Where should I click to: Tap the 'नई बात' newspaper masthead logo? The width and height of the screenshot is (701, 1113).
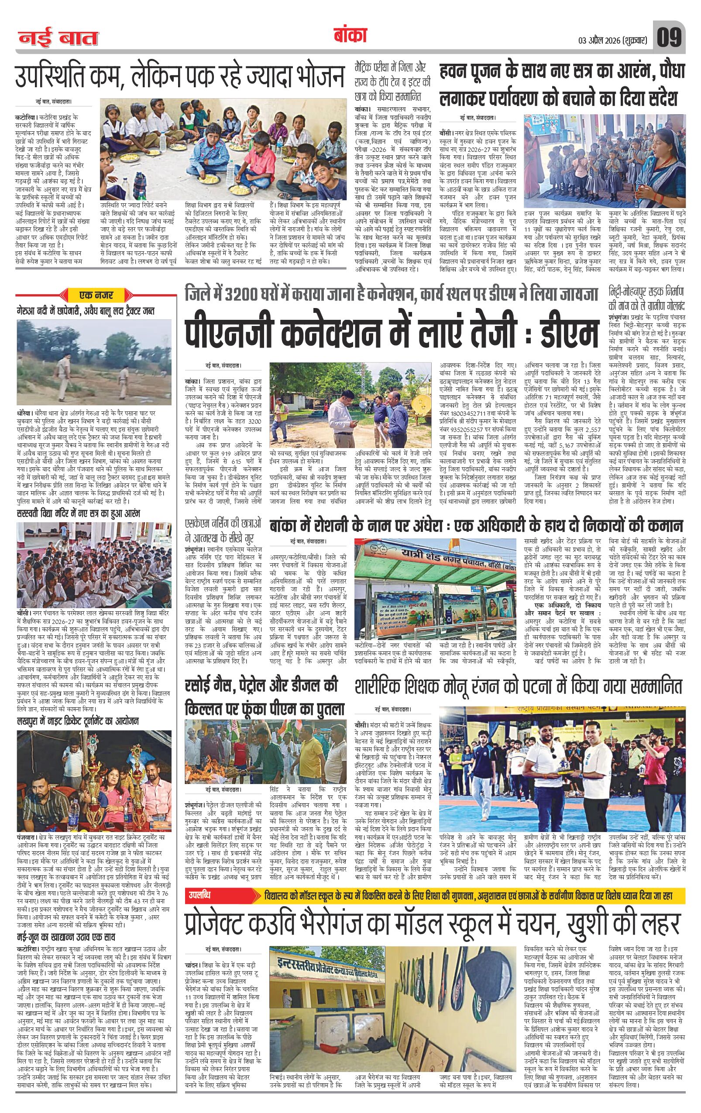pyautogui.click(x=58, y=38)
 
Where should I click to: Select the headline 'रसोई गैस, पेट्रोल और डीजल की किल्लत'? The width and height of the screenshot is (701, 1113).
pyautogui.click(x=261, y=698)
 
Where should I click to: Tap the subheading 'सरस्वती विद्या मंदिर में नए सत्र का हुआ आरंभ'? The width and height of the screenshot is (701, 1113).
pyautogui.click(x=79, y=514)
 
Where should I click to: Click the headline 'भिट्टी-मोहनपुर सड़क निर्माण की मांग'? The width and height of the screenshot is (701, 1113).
pyautogui.click(x=646, y=298)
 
